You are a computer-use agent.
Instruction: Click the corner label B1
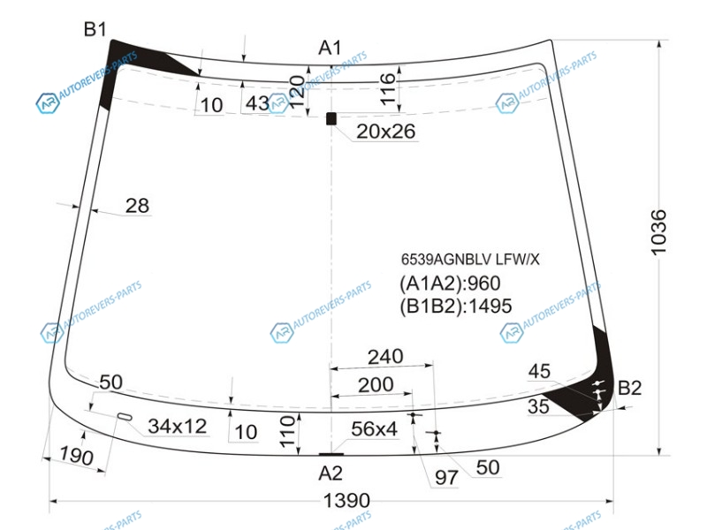click(95, 29)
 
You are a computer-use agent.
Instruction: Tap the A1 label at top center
click(330, 48)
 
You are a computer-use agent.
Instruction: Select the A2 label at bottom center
click(331, 473)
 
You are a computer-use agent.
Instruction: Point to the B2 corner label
click(629, 388)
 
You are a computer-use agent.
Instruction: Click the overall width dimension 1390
click(346, 500)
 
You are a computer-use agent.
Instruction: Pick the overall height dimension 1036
click(658, 232)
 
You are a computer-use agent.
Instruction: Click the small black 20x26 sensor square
click(331, 118)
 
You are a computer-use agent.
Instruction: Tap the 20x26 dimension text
click(385, 131)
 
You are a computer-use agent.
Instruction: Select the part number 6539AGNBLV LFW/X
click(470, 259)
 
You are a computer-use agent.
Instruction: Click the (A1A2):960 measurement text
click(450, 284)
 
